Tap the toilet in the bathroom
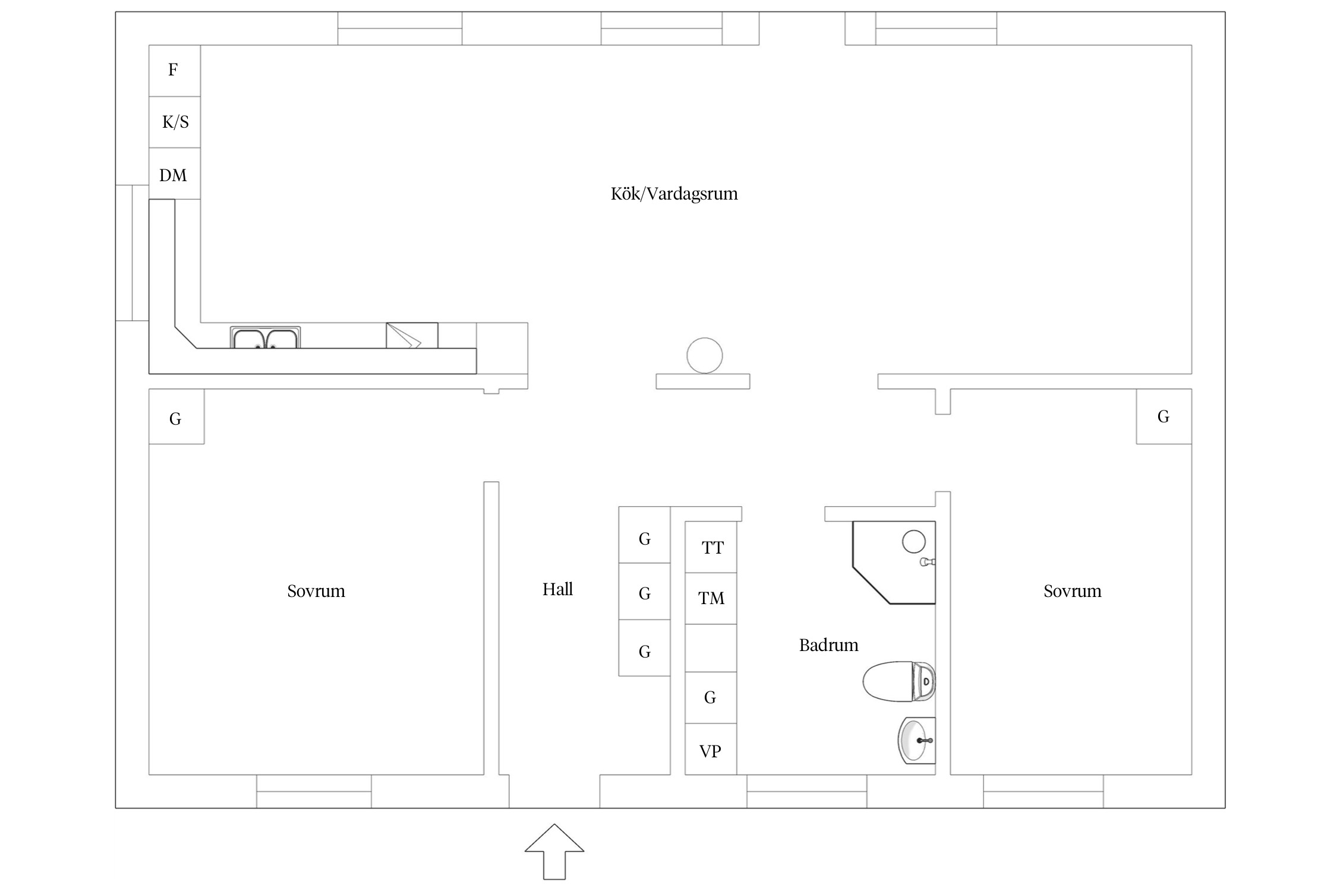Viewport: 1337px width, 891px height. tap(899, 681)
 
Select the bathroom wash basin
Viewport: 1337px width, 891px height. tap(916, 740)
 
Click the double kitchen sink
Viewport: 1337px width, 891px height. tap(265, 337)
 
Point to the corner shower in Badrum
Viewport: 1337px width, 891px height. tap(894, 563)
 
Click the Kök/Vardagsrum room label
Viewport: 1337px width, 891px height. tap(674, 194)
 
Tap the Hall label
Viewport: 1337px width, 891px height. tap(557, 589)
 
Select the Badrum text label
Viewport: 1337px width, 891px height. tap(828, 645)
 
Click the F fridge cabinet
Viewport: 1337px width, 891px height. tap(174, 71)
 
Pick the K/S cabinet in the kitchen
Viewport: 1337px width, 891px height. tap(174, 122)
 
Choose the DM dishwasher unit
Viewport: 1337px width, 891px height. tap(174, 173)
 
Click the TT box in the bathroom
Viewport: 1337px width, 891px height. tap(711, 547)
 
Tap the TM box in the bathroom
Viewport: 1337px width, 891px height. tap(711, 598)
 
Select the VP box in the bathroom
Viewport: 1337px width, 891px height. tap(711, 749)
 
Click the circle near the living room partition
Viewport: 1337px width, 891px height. tap(704, 355)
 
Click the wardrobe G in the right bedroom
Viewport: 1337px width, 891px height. tap(1163, 416)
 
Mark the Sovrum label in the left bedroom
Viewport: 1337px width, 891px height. tap(316, 591)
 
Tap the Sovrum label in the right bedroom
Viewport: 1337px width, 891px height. tap(1073, 591)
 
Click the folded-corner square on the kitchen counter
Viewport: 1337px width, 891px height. tap(412, 336)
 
